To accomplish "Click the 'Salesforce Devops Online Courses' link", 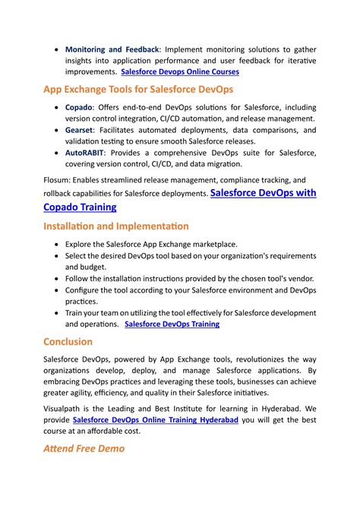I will click(180, 72).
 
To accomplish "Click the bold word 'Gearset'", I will click(81, 130).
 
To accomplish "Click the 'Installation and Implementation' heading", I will click(116, 226).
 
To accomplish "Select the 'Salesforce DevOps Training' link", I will click(172, 324).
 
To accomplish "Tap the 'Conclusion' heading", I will click(68, 342).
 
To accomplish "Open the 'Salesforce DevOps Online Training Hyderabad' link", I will click(156, 419).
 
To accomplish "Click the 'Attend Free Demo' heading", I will click(84, 448).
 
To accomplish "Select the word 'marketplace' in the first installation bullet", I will click(214, 245).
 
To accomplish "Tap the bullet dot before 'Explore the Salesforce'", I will click(58, 245).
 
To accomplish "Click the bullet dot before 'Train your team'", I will click(58, 313).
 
